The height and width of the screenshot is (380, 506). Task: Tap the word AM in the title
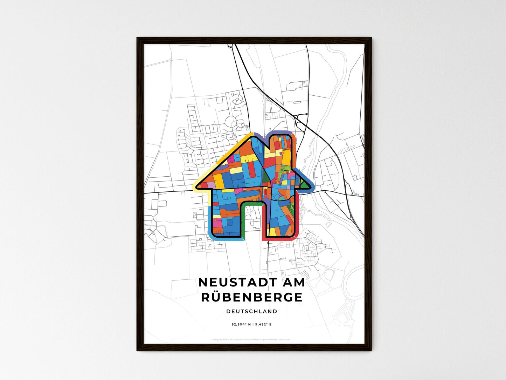coord(292,283)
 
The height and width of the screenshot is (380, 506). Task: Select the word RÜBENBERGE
coord(251,297)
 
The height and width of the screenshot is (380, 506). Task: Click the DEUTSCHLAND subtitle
coord(251,311)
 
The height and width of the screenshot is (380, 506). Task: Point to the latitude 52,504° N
coord(241,324)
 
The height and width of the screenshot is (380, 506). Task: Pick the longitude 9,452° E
coord(263,324)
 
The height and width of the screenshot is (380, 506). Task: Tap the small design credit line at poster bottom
coord(251,339)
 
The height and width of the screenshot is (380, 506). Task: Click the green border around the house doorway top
coord(252,203)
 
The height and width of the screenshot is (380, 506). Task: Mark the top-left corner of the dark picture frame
coord(137,38)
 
